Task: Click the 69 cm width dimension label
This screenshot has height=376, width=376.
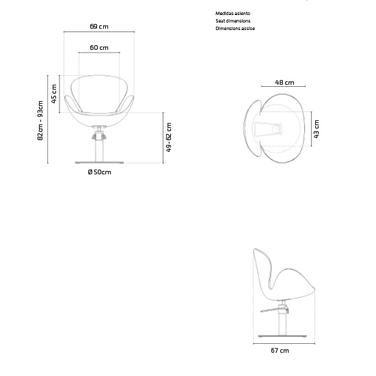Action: pos(99,27)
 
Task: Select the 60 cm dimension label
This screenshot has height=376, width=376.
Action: pos(99,47)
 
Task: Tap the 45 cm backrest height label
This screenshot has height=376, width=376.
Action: pos(54,94)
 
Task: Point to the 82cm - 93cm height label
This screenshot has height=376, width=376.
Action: pos(40,120)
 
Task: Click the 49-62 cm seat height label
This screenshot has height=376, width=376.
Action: pos(169,137)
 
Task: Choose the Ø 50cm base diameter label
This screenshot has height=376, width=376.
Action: pos(99,172)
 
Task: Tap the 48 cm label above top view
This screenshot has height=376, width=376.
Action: pos(284,83)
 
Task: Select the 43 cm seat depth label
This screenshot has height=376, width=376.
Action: pos(317,129)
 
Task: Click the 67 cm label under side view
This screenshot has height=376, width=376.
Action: pos(280,351)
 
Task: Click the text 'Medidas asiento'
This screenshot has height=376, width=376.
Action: pos(232,14)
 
